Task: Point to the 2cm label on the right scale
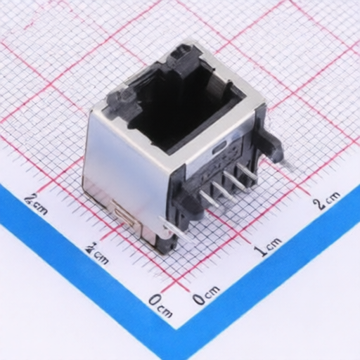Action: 327,200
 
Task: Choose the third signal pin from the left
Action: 231,179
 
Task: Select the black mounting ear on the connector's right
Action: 270,145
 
